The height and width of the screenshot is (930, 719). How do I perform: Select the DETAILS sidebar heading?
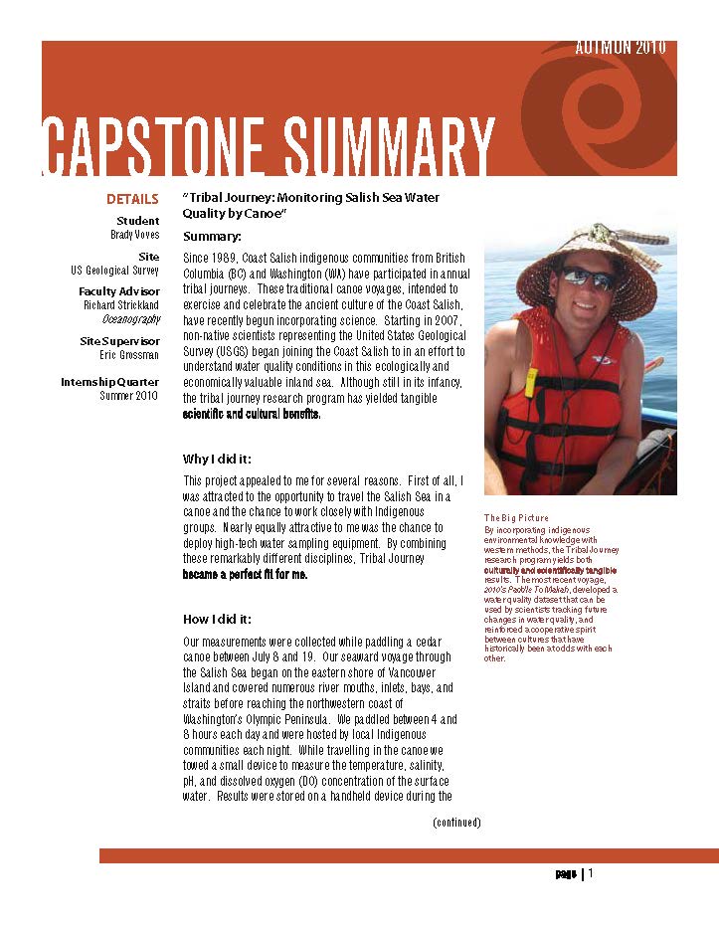click(x=132, y=199)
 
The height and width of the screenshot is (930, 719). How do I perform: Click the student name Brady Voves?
click(x=135, y=235)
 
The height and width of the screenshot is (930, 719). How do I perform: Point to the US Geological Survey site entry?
click(x=115, y=271)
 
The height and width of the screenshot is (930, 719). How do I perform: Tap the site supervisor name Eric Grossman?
click(x=129, y=355)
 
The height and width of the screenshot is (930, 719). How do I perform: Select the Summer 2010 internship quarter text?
click(x=129, y=396)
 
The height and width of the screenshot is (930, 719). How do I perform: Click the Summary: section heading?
click(x=212, y=237)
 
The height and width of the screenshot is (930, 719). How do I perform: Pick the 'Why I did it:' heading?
click(x=217, y=459)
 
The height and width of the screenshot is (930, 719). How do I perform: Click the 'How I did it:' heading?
click(x=217, y=619)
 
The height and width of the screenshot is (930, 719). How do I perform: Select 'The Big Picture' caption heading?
click(x=516, y=518)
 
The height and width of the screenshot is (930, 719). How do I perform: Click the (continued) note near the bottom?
click(x=456, y=823)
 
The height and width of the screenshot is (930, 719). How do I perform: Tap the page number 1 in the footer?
click(x=591, y=874)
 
